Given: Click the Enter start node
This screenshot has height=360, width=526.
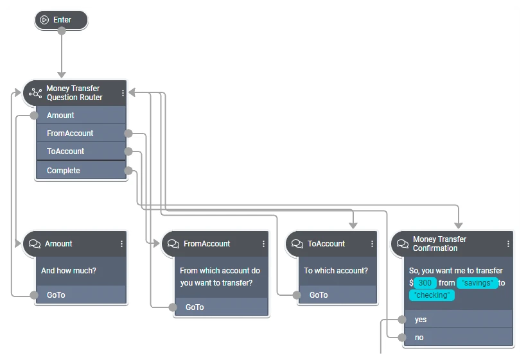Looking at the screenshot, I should click(x=61, y=20).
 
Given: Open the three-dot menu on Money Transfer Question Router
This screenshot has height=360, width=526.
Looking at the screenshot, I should click(x=123, y=93).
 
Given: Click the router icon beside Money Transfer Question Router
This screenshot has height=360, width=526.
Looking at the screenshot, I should click(x=35, y=93).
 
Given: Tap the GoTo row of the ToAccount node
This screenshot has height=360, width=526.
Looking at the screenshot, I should click(x=334, y=295).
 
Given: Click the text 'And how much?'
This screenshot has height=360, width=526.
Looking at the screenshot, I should click(x=69, y=271).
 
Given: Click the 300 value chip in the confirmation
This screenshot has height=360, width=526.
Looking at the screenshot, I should click(x=425, y=283).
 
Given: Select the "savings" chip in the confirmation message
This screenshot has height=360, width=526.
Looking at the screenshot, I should click(x=477, y=283).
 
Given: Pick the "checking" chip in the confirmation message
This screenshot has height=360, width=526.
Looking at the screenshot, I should click(x=432, y=295).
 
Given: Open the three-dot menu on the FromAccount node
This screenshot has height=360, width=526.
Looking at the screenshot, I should click(x=263, y=244).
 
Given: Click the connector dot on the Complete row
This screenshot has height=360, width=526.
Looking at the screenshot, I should click(x=128, y=171).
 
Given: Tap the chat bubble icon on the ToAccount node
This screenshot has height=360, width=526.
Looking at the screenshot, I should click(x=297, y=244).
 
